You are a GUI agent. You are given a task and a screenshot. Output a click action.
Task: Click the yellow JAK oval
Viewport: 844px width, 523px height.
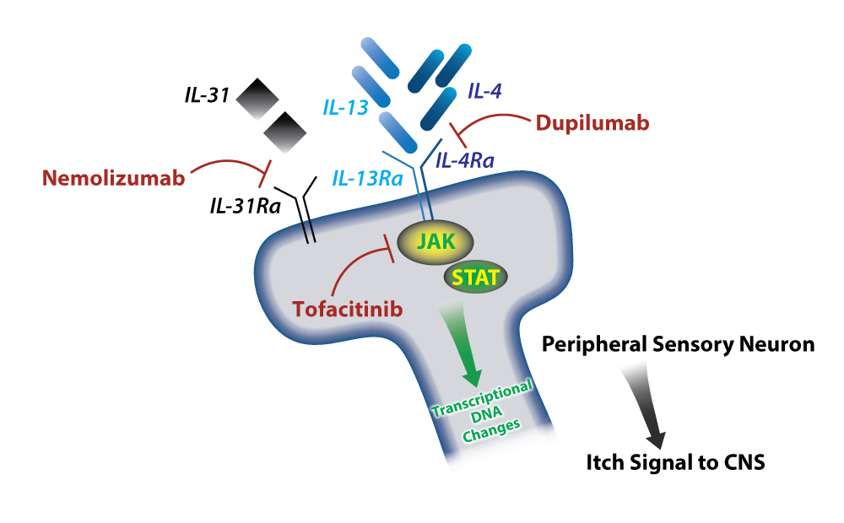coord(433,243)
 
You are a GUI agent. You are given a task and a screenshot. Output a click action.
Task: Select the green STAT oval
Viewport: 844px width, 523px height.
coord(475,277)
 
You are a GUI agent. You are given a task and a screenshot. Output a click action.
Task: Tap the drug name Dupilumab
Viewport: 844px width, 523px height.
coord(592,123)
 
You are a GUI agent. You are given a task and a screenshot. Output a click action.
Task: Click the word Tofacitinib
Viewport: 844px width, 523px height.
coord(348,309)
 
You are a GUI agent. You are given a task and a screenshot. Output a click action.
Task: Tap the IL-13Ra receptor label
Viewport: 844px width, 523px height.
coord(367,179)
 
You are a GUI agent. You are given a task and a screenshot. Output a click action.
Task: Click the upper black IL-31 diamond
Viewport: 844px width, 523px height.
coord(258,101)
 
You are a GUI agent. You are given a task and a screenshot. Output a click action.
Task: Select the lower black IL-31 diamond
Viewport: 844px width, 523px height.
coord(284,132)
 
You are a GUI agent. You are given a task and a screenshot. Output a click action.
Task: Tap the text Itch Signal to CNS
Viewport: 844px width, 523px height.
coord(676,462)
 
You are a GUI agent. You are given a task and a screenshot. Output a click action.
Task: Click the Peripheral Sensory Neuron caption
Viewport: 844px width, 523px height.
coord(678,344)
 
